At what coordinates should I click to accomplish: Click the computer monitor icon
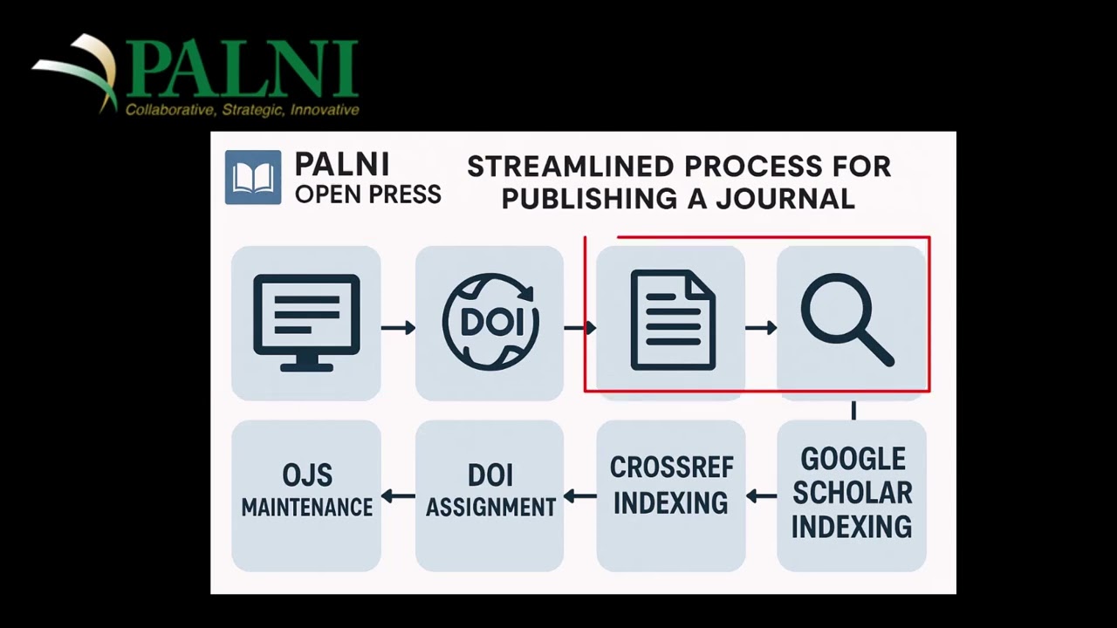point(306,321)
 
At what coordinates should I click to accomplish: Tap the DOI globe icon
point(490,322)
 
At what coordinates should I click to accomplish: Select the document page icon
point(672,320)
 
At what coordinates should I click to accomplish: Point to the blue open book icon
point(253,177)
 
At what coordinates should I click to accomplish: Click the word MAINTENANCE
point(307,507)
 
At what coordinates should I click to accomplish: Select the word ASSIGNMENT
point(490,507)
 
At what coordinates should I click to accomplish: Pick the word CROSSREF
point(671,468)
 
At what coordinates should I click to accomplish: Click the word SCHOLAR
point(852,493)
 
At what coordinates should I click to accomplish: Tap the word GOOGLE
point(853,460)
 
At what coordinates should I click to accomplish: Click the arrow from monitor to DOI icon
point(398,328)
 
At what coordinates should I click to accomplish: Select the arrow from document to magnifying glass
point(761,328)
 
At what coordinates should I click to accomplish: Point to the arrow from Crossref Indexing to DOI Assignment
point(579,496)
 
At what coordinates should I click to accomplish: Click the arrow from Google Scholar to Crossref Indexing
point(761,496)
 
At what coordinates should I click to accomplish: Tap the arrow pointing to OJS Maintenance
point(398,496)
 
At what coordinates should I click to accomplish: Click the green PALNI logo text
point(242,69)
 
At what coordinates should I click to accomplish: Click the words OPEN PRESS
point(367,194)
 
